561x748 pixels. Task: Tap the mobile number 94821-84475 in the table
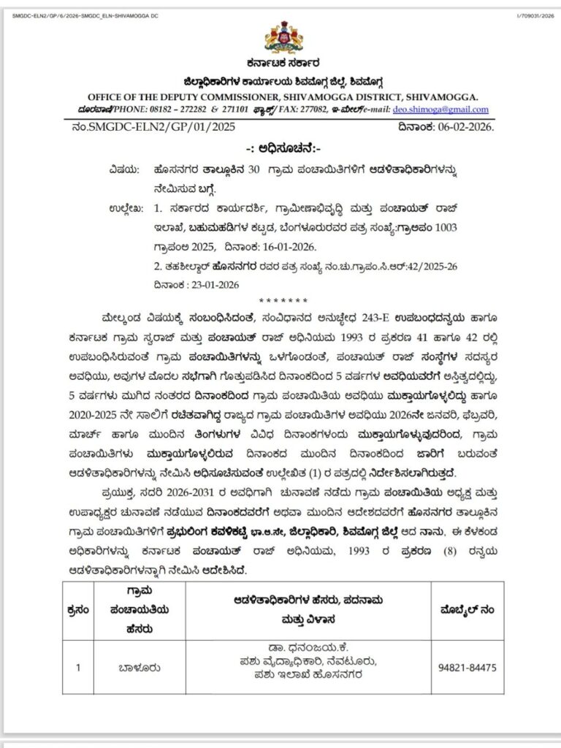point(467,667)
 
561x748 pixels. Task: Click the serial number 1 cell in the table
point(77,667)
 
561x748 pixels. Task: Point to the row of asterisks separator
point(280,301)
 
